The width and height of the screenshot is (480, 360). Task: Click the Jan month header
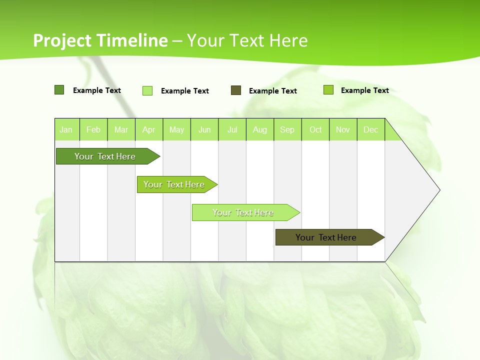tap(66, 129)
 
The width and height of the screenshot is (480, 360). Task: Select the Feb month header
tap(93, 129)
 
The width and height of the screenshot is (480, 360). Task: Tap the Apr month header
tap(149, 129)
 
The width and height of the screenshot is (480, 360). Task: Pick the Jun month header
tap(204, 129)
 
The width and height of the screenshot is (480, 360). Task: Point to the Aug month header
tap(260, 129)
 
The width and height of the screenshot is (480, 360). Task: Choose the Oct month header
tap(315, 129)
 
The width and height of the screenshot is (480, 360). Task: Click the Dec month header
tap(371, 129)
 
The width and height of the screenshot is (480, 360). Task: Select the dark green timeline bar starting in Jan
tap(105, 156)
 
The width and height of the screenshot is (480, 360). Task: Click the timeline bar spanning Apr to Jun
tap(174, 184)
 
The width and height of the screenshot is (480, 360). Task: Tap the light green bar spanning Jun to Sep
tap(243, 212)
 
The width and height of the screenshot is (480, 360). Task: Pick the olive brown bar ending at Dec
tap(326, 237)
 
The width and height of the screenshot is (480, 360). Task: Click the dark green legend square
tap(59, 90)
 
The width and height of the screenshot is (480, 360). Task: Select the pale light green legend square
tap(147, 90)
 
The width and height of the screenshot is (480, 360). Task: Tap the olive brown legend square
tap(236, 90)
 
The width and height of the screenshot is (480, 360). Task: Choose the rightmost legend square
tap(328, 90)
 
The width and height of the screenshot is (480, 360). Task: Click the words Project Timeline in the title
tap(100, 40)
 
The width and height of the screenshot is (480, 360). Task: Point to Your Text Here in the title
tap(247, 40)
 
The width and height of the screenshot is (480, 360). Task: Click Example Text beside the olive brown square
tap(273, 91)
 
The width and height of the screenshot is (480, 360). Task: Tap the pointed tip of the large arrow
tap(438, 190)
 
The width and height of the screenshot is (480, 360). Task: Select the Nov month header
tap(343, 129)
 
